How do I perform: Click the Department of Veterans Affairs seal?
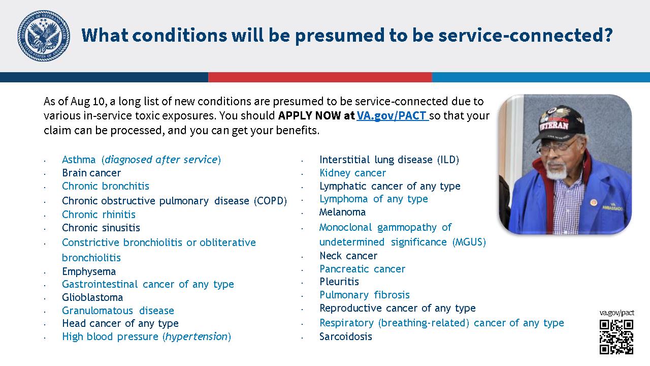pos(44,36)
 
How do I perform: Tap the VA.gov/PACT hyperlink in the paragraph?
pos(393,116)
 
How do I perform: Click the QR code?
pos(616,337)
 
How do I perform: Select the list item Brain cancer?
pos(91,173)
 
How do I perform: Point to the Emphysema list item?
pos(89,271)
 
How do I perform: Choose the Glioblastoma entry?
pos(92,297)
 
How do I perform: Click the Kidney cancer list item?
pos(352,173)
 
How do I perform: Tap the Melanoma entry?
pos(342,212)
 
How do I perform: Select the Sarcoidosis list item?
pos(346,337)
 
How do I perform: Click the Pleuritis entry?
pos(339,282)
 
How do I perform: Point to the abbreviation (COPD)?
pos(270,201)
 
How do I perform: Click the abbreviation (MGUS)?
pos(469,242)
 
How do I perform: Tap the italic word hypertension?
pos(197,337)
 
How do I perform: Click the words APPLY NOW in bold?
pos(309,115)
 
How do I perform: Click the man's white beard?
pos(557,171)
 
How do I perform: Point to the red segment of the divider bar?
pos(320,77)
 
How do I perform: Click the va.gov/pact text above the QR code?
pos(616,313)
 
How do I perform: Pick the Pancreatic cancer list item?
pos(362,269)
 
